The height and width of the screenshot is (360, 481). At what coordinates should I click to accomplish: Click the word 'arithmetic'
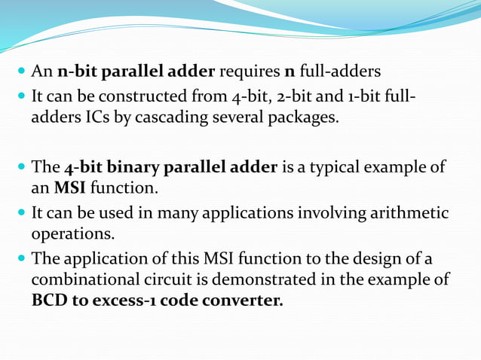[409, 213]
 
